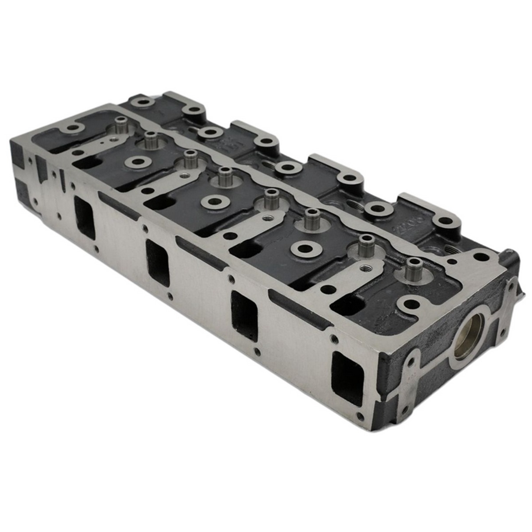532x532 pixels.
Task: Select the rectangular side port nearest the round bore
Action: coord(348,378)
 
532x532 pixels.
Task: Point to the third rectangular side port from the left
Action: coord(244,316)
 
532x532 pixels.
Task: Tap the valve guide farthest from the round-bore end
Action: coord(120,125)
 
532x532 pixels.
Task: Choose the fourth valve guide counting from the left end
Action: coord(225,176)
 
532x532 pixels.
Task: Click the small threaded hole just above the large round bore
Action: coord(480,256)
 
